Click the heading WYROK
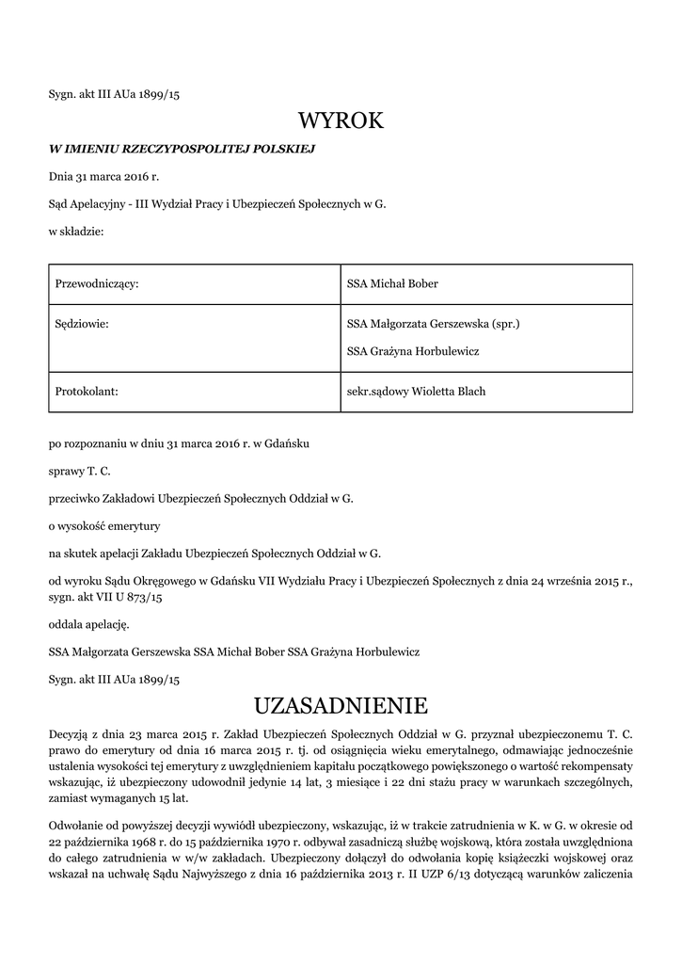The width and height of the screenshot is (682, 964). click(341, 121)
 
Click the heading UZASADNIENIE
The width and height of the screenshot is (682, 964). click(341, 705)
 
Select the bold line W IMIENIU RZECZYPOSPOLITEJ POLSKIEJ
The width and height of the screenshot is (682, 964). click(182, 149)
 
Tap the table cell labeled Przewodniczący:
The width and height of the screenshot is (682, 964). click(98, 283)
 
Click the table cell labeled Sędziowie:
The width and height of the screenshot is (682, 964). click(83, 324)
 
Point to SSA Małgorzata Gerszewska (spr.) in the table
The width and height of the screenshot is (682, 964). click(434, 324)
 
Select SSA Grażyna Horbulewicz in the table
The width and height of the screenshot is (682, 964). click(413, 351)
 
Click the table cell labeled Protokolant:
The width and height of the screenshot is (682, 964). click(87, 391)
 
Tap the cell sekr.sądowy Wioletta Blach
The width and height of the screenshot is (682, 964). click(416, 391)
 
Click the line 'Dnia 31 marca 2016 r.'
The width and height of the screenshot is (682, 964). click(104, 176)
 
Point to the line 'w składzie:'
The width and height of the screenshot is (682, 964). click(76, 230)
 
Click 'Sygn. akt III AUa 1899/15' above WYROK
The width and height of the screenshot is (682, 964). click(114, 95)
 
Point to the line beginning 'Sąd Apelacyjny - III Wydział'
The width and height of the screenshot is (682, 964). click(217, 203)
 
